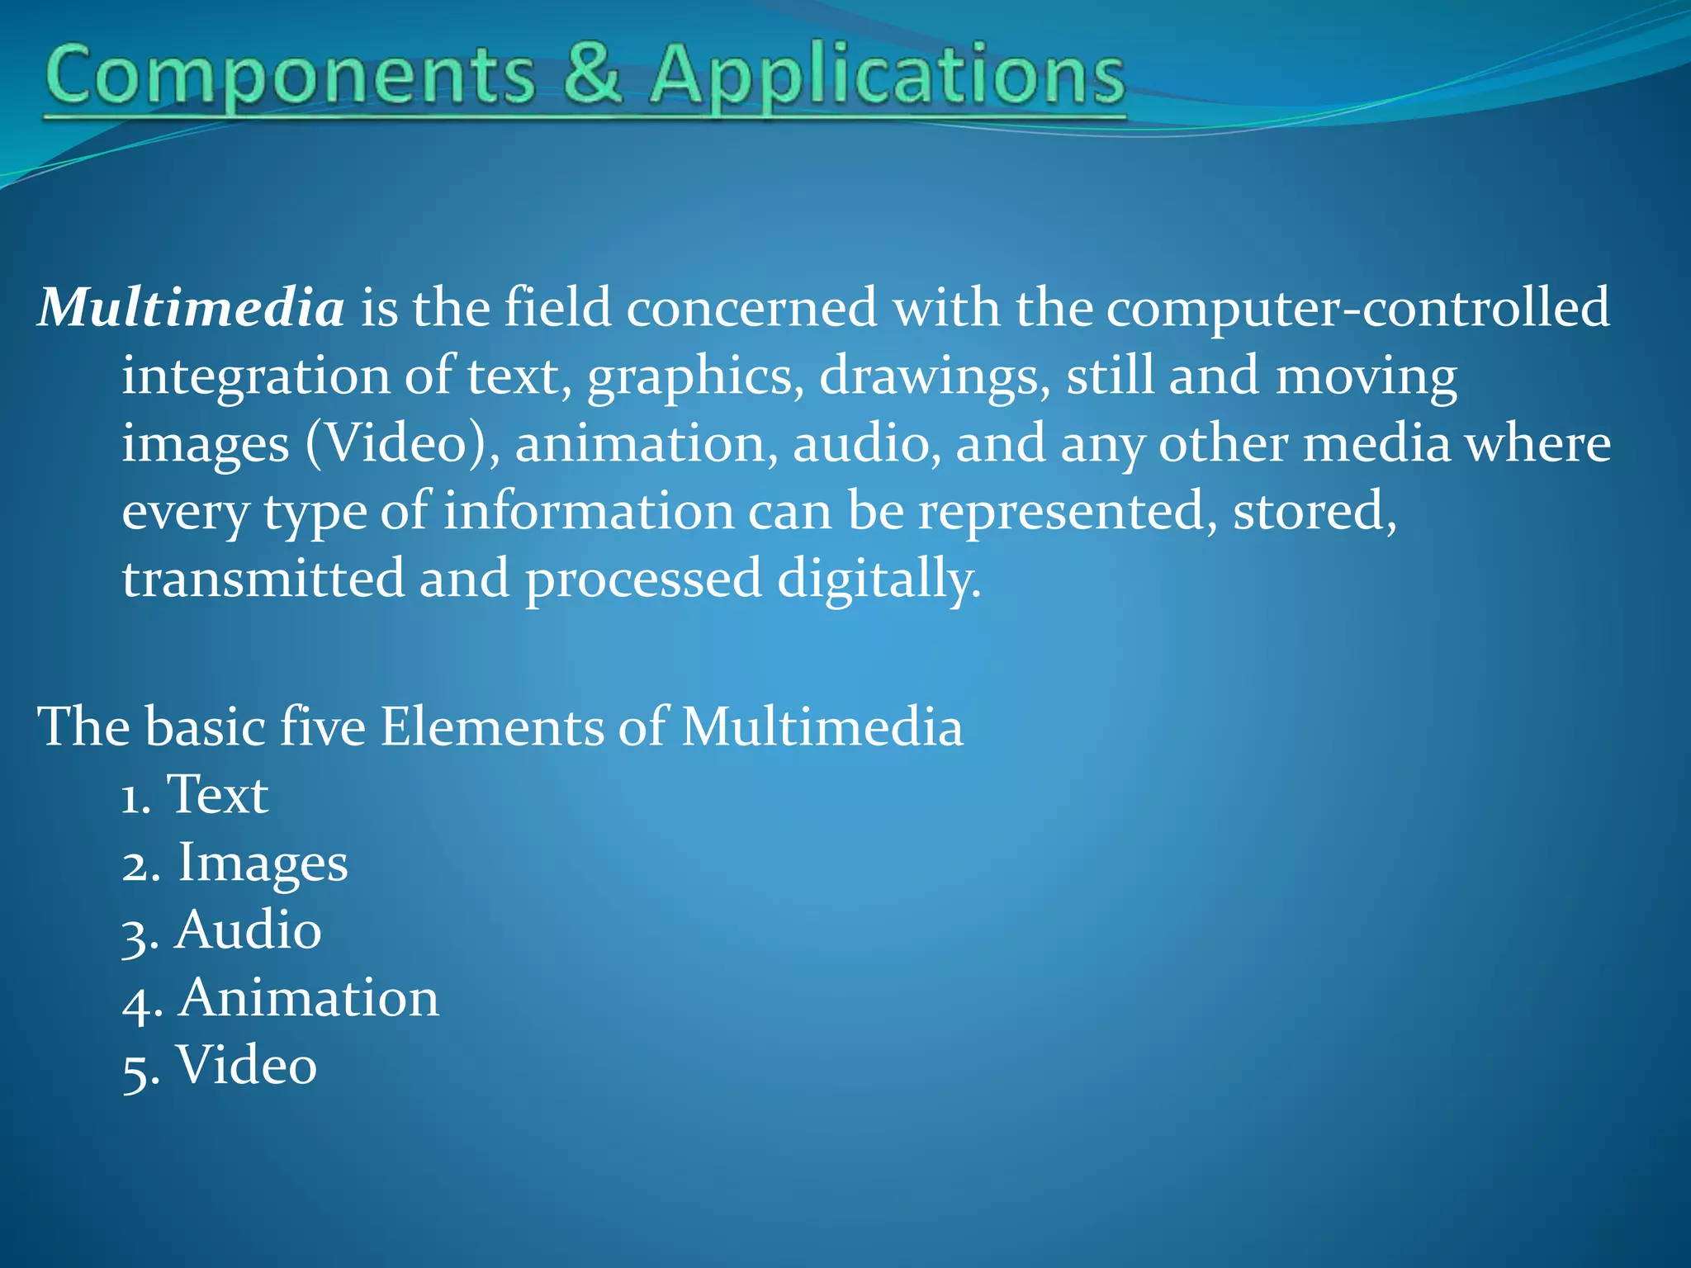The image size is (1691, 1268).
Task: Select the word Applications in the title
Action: pyautogui.click(x=886, y=77)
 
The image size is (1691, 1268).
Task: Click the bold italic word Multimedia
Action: pyautogui.click(x=191, y=308)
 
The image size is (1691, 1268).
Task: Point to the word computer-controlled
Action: pyautogui.click(x=1357, y=308)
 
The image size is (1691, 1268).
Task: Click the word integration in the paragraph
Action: pyautogui.click(x=255, y=377)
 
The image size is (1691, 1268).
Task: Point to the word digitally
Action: pyautogui.click(x=879, y=580)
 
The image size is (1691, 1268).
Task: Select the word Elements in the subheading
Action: pyautogui.click(x=491, y=727)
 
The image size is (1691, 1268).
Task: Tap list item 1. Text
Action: pyautogui.click(x=195, y=795)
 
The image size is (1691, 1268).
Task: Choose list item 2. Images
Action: pyautogui.click(x=235, y=863)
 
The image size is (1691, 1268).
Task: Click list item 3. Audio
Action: pyautogui.click(x=221, y=931)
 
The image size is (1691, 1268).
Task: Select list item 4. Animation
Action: pyautogui.click(x=281, y=999)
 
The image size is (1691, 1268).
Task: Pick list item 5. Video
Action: pyautogui.click(x=220, y=1066)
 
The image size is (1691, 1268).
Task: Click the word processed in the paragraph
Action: pyautogui.click(x=643, y=580)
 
